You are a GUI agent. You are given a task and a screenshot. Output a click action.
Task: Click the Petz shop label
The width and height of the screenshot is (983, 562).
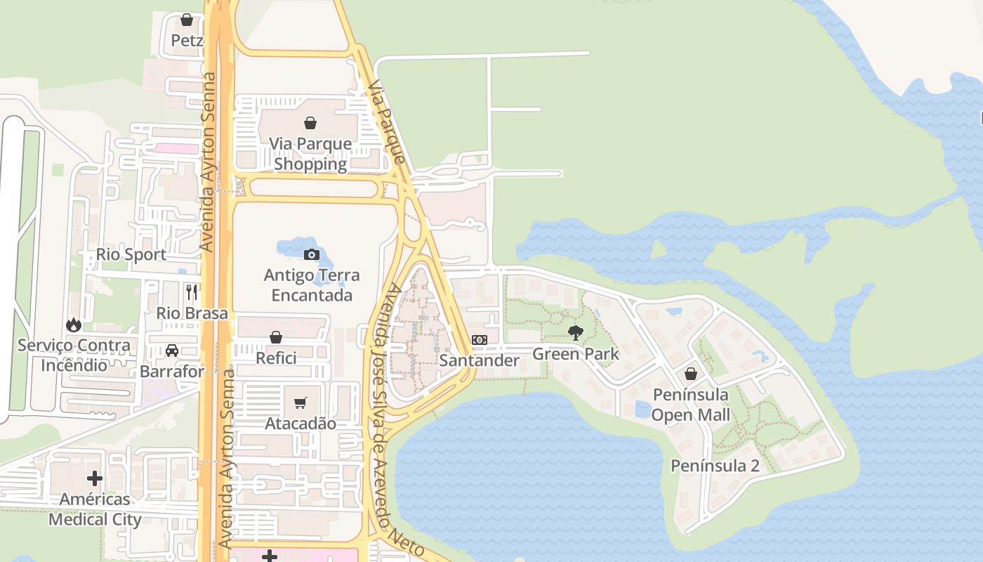click(187, 41)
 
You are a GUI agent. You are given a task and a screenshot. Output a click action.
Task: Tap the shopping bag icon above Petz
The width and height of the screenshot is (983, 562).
click(187, 20)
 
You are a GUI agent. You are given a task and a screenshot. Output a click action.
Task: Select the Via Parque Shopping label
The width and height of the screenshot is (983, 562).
click(310, 154)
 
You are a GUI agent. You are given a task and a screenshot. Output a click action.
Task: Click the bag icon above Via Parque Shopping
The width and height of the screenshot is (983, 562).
click(310, 124)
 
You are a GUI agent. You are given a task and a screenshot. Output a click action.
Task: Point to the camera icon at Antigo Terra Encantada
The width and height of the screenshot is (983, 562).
click(312, 254)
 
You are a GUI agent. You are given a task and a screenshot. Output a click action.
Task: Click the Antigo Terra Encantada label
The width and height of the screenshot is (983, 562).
click(312, 285)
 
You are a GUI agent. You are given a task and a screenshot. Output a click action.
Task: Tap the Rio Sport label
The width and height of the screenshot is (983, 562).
click(131, 254)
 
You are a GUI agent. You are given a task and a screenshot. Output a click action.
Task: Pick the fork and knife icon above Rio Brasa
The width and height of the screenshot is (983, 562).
click(192, 292)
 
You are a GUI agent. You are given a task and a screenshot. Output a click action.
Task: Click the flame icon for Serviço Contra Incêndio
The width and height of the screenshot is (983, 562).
click(74, 325)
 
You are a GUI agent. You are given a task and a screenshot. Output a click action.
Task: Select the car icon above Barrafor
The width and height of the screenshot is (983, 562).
click(172, 351)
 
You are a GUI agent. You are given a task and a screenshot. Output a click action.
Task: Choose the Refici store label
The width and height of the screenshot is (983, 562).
click(276, 358)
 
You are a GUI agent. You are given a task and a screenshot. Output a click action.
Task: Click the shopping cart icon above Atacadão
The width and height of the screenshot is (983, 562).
click(301, 403)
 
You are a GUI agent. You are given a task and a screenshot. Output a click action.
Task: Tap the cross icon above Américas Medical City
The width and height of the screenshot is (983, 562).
click(95, 479)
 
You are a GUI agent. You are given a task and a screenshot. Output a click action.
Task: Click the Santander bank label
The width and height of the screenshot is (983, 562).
click(480, 361)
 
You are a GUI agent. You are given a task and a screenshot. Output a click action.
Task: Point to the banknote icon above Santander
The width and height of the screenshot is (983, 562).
click(480, 340)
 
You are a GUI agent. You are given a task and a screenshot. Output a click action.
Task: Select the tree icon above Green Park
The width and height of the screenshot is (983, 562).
click(576, 332)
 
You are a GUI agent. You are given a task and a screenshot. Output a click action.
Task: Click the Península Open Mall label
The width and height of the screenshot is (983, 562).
click(691, 404)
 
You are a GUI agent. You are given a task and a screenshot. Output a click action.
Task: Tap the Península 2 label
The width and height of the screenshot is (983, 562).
click(715, 466)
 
